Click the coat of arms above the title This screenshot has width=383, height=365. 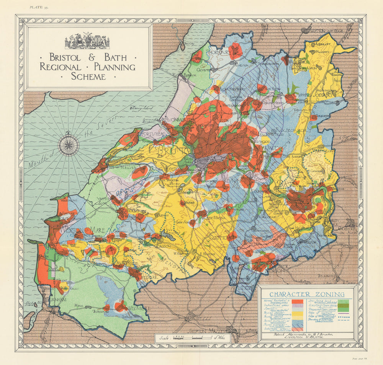coord(87,41)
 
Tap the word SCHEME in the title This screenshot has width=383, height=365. coord(88,76)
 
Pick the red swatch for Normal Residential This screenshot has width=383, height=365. coord(297,302)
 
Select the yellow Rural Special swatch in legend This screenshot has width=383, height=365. coord(297,314)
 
